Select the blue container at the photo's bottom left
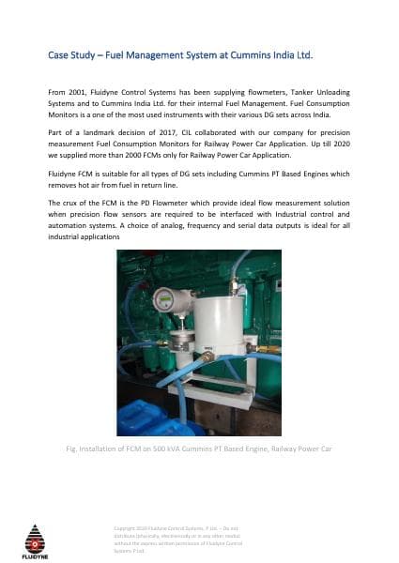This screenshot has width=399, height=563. coord(141,418)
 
